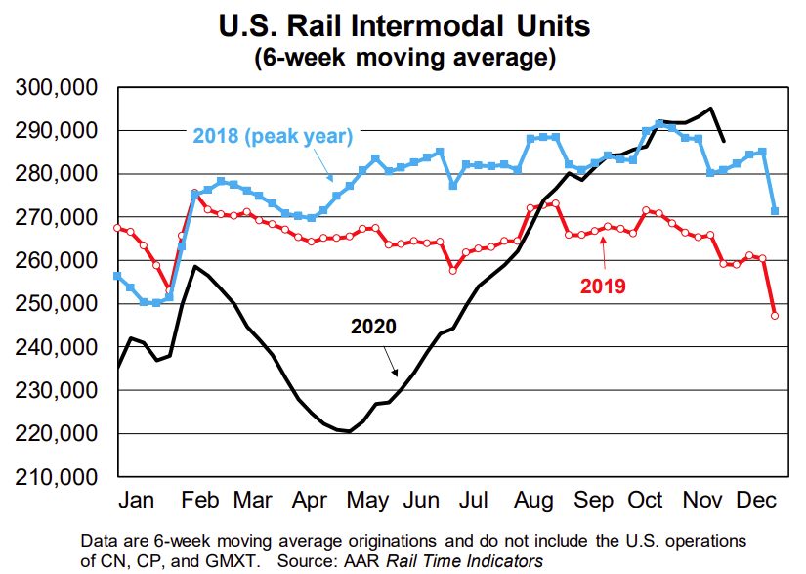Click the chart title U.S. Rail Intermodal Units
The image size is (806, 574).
(404, 23)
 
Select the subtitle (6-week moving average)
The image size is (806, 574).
(404, 57)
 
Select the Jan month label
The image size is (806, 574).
(139, 501)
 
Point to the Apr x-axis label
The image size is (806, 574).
(309, 501)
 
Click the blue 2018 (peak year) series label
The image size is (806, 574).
(272, 136)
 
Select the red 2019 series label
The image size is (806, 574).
(603, 287)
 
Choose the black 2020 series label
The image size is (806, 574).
(374, 326)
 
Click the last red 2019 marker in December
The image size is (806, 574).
(775, 315)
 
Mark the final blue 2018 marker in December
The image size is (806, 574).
(775, 210)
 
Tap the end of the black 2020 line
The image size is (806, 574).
(723, 141)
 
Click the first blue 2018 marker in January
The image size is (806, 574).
(117, 276)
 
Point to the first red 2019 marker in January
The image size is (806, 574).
(117, 228)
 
